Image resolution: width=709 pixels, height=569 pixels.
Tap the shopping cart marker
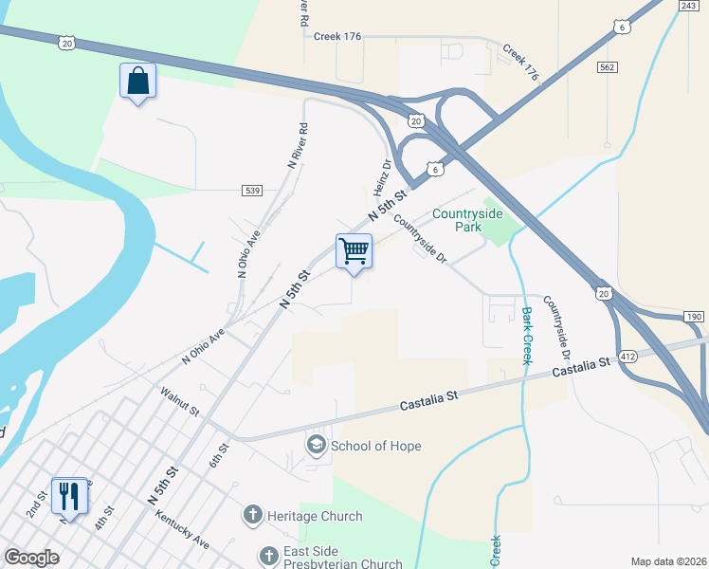pos(354,252)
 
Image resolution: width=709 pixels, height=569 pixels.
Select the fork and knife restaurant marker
pos(69,495)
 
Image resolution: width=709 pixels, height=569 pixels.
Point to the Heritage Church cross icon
pos(252,516)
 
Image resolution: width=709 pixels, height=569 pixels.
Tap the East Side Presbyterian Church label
pos(343,554)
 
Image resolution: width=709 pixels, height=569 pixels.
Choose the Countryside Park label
pos(470,220)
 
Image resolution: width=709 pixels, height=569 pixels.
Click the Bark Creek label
pos(526,335)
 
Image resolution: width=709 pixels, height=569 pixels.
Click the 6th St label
pos(220,454)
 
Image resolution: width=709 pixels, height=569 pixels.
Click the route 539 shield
pos(252,191)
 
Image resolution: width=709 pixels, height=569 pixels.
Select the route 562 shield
pos(608,67)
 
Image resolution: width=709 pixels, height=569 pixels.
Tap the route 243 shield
pos(689,6)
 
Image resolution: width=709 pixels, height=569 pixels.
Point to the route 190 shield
pos(693,316)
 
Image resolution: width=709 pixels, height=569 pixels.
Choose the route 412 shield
pos(627,356)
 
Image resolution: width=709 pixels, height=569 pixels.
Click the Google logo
pos(32,558)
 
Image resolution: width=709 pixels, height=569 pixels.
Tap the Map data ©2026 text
pos(668,561)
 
